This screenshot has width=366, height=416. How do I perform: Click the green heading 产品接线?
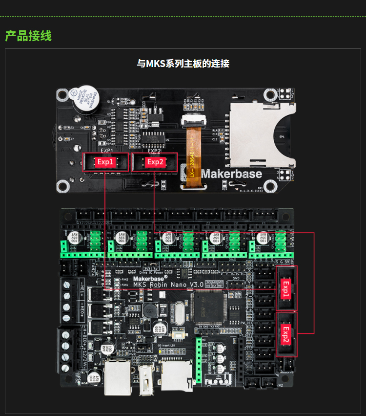point(28,36)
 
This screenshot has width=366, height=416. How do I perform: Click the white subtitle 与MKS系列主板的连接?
point(183,64)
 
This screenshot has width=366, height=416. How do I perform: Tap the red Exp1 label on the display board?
point(105,162)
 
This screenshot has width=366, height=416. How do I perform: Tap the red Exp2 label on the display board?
point(155,162)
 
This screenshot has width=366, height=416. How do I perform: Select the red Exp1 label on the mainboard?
point(285,288)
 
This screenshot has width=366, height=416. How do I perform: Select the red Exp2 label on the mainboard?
point(285,334)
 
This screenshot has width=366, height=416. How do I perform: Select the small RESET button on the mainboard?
point(178,334)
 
